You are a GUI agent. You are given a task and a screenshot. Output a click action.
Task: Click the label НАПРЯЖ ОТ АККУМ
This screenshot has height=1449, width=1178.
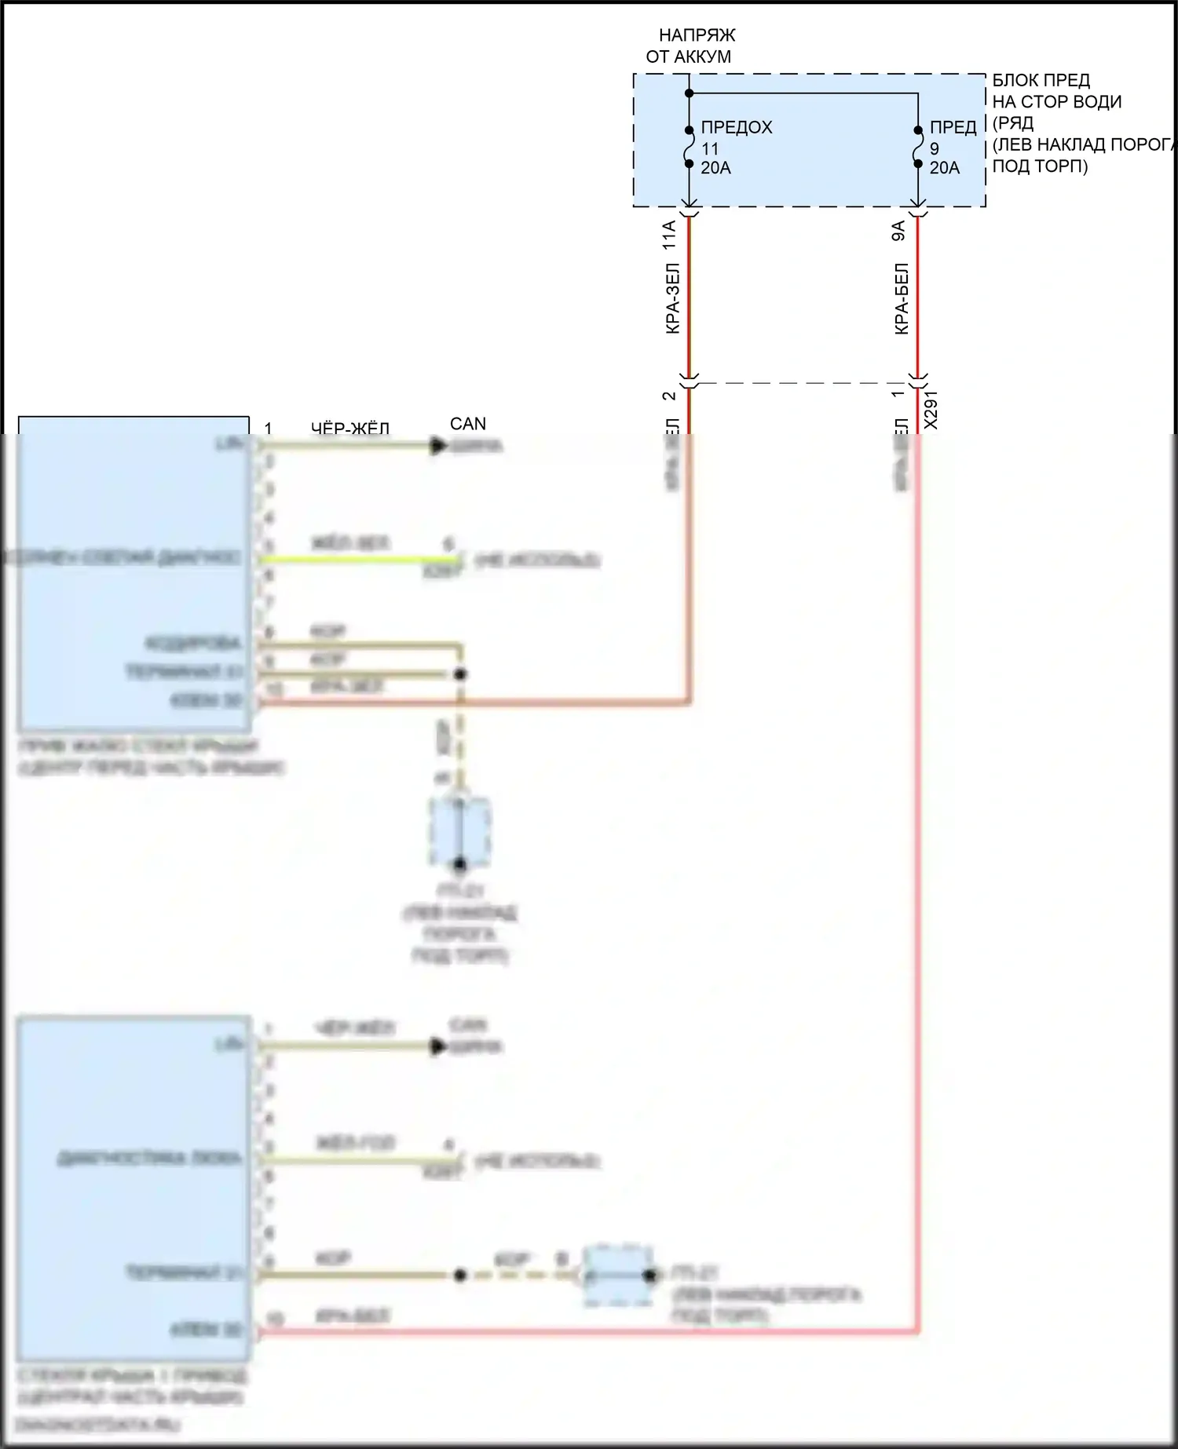coord(689,46)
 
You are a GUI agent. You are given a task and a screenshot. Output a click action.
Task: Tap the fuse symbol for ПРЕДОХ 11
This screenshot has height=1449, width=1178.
coord(689,147)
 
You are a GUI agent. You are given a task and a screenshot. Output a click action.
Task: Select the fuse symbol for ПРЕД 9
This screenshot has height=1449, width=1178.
coord(917,147)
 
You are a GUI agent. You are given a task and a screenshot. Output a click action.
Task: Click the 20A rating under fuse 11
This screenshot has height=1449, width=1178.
coord(715,168)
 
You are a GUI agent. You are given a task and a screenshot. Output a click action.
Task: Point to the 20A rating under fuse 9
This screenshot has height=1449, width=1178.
coord(944,168)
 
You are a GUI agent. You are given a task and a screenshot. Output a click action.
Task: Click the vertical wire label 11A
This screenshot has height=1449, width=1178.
coord(669,235)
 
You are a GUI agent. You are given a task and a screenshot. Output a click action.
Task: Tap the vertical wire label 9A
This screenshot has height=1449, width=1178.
coord(898,231)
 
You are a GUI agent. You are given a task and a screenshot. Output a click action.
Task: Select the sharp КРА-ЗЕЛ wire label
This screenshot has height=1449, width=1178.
coord(672,298)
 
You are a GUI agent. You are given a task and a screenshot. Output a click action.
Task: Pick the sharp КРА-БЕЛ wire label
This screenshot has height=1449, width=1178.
coord(902,298)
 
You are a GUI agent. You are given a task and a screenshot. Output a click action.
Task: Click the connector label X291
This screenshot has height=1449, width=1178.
coord(931,410)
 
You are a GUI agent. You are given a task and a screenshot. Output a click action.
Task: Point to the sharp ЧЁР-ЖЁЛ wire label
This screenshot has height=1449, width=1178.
coord(350,429)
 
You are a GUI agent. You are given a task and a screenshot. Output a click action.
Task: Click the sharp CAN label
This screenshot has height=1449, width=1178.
coord(468,424)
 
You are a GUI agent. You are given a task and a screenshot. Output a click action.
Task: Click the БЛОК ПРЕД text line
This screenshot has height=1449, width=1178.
coord(1041,80)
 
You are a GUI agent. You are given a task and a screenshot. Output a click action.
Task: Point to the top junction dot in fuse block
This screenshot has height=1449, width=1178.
coord(689,93)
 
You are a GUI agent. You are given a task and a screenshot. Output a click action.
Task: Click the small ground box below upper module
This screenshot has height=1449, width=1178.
coord(459,832)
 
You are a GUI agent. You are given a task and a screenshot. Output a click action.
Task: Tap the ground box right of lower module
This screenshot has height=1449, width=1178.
coord(619,1276)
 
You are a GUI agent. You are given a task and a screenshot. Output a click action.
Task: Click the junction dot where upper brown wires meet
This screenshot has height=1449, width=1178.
coord(461,674)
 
